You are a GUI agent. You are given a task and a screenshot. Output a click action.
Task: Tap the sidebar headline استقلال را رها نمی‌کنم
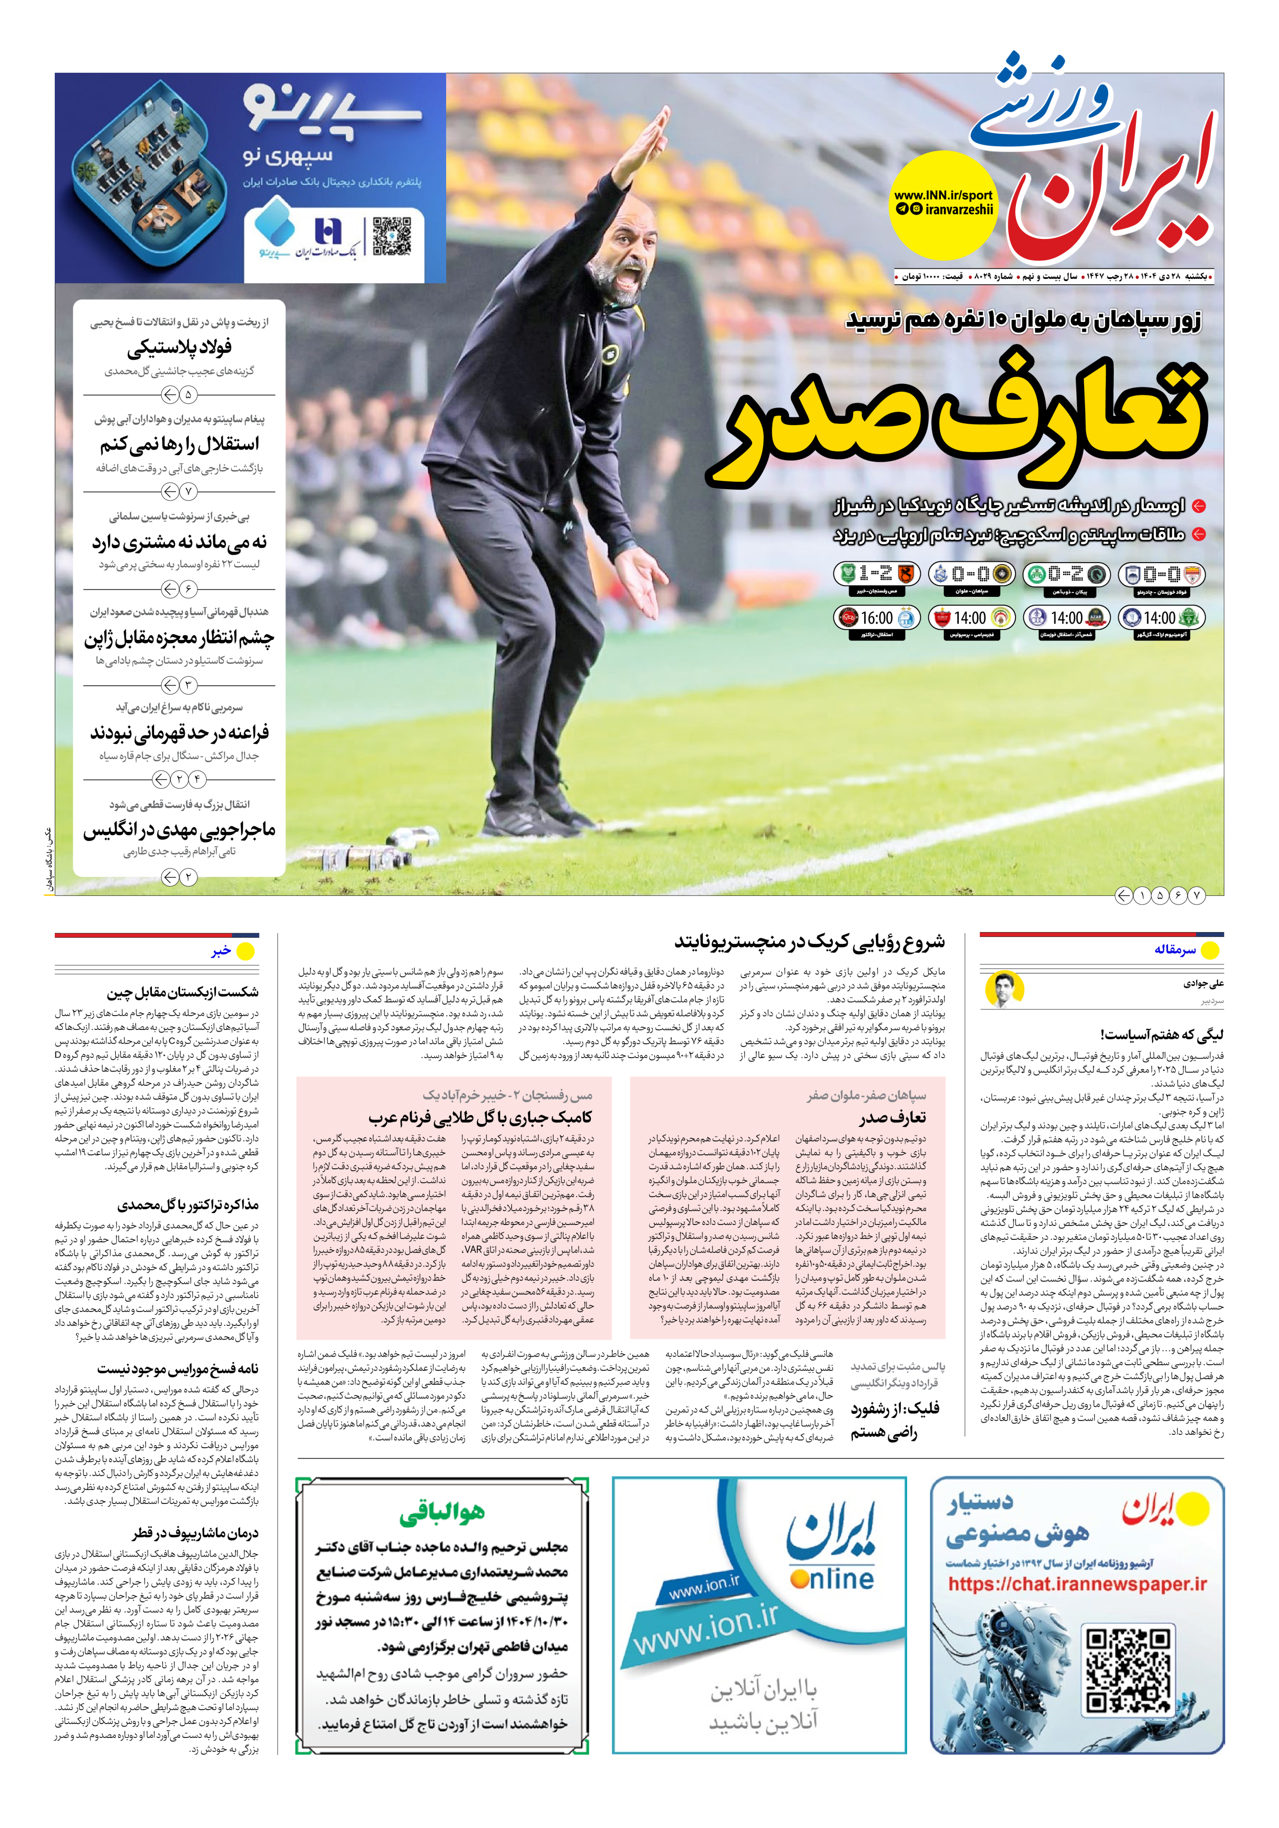(179, 444)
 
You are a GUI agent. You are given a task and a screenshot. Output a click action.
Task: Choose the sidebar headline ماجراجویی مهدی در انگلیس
(179, 830)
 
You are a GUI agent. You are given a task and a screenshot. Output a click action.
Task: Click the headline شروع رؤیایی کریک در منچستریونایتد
(809, 942)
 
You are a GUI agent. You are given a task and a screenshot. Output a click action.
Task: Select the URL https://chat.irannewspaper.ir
(1077, 1584)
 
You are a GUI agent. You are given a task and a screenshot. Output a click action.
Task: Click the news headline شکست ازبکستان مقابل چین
(182, 992)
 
